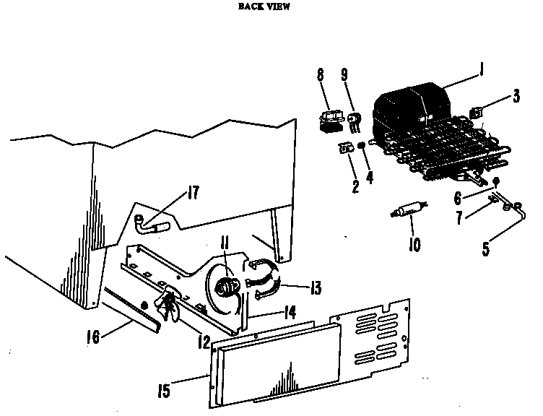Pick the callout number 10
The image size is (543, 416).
414,246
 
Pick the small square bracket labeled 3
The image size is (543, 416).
477,113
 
